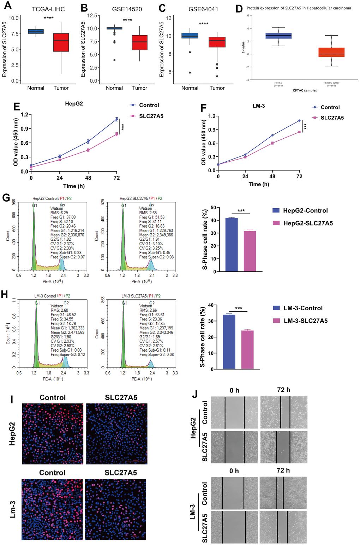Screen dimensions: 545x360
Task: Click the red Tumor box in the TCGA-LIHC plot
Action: click(61, 42)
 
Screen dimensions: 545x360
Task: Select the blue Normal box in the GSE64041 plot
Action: click(190, 35)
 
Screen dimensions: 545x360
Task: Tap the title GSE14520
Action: click(127, 9)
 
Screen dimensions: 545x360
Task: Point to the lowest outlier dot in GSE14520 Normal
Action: click(114, 60)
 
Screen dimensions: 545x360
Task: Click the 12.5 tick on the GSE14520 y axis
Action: click(92, 16)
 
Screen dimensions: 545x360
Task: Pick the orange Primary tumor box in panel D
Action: click(331, 52)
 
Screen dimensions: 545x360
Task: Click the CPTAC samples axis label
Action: click(305, 91)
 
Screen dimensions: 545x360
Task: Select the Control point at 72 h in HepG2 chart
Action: click(116, 119)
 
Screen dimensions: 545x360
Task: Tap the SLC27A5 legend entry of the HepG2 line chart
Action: click(151, 116)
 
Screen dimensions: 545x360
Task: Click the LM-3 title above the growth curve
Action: click(259, 106)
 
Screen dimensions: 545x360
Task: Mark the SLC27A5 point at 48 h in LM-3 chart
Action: click(272, 143)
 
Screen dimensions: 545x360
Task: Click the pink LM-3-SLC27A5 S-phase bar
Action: click(247, 350)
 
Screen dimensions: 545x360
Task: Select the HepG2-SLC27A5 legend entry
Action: click(308, 223)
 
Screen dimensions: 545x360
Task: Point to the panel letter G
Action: click(6, 198)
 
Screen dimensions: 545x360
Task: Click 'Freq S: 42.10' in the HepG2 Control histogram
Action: click(62, 222)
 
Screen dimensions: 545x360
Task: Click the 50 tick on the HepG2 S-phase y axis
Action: click(213, 208)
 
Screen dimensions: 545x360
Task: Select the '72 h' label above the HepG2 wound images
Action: click(283, 390)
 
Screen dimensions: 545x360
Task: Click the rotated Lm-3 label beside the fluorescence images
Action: click(13, 509)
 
